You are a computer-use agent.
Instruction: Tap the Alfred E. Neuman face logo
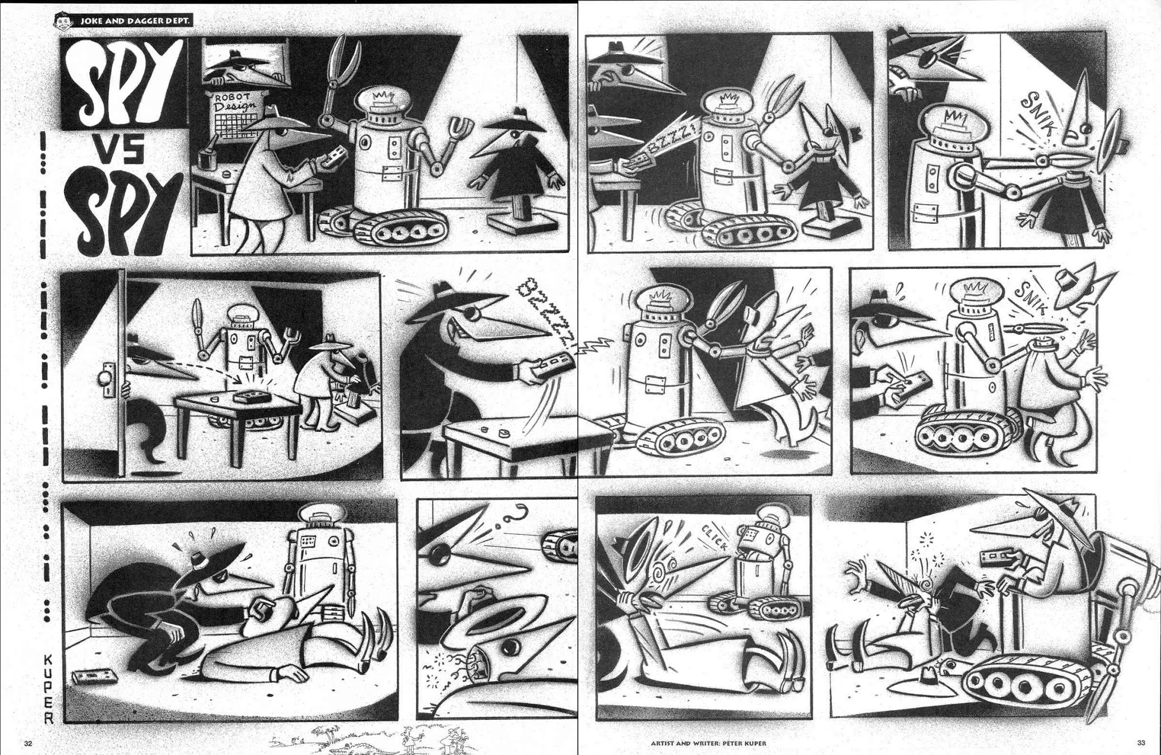click(x=62, y=21)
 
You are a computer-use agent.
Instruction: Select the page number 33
click(x=1141, y=743)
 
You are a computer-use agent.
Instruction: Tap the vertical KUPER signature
click(x=49, y=689)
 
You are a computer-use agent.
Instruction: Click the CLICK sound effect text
click(x=714, y=537)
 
